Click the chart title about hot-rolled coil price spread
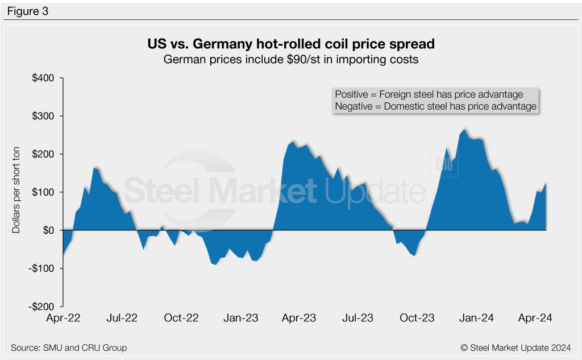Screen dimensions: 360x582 point(290,44)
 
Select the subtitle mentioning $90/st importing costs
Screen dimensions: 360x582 point(290,59)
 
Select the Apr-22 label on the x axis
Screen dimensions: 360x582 point(63,318)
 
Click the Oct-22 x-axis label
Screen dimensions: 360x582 point(181,318)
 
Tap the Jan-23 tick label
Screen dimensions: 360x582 point(241,318)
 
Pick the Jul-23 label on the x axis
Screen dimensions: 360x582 point(359,318)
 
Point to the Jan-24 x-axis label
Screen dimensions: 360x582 point(477,318)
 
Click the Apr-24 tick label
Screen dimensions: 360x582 point(535,318)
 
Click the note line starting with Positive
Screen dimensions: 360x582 point(429,94)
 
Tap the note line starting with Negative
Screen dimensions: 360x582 point(435,106)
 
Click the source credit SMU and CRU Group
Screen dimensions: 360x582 point(69,347)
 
